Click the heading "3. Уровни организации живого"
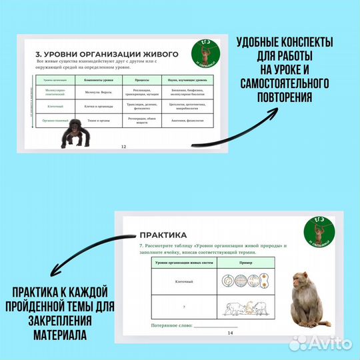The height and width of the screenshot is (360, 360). click(x=106, y=53)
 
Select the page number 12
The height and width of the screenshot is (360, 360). click(x=122, y=146)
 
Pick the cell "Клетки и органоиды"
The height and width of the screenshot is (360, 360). click(x=97, y=105)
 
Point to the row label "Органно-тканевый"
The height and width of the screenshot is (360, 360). click(x=53, y=121)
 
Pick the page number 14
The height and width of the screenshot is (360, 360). click(x=230, y=332)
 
